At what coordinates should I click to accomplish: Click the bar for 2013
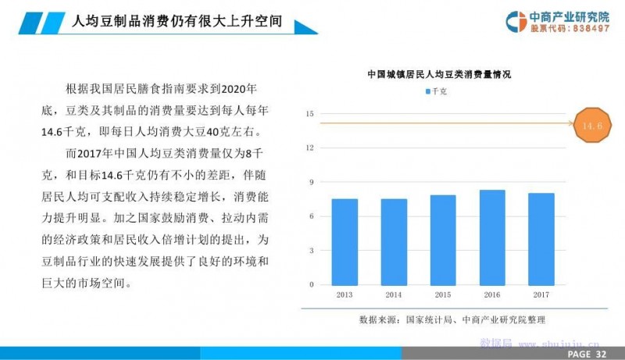point(345,242)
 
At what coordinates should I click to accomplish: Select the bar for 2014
point(394,242)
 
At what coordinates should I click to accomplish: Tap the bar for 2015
point(443,241)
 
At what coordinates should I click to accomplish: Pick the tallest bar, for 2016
point(492,237)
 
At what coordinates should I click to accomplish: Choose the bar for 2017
point(541,239)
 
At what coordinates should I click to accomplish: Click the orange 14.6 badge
point(592,126)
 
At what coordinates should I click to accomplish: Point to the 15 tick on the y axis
point(309,114)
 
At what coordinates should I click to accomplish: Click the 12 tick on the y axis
point(309,148)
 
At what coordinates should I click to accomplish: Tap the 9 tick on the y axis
point(311,182)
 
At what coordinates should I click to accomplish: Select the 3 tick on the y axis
point(311,251)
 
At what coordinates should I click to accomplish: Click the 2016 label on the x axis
point(492,294)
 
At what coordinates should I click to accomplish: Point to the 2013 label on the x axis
point(345,294)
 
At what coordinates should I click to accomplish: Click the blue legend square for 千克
point(428,91)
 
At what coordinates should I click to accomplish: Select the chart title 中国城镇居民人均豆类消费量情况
point(439,74)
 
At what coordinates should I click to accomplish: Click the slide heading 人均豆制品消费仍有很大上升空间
point(177,21)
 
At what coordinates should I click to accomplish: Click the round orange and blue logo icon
point(516,22)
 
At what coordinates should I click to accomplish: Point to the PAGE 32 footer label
point(587,354)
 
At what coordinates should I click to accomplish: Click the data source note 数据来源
point(452,319)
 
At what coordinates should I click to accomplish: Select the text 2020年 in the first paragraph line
point(239,88)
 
